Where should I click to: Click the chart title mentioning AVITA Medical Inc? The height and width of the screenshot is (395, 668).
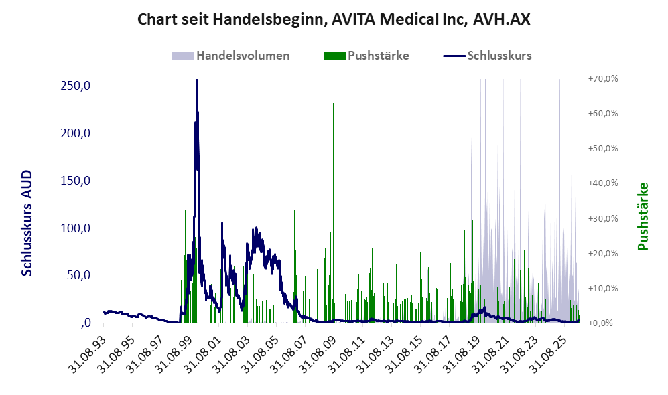coord(334,19)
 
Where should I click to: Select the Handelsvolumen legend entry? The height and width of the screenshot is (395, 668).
coord(231,56)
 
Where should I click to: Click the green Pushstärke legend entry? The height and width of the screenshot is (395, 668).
coord(366,56)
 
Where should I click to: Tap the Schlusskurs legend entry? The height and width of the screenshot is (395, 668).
coord(487,56)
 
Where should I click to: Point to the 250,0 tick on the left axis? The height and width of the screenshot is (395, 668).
coord(76,86)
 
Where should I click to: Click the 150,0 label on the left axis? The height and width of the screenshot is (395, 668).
coord(76,181)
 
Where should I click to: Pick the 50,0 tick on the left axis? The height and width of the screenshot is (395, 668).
coord(78,275)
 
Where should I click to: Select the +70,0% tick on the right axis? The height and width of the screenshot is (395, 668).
coord(603,79)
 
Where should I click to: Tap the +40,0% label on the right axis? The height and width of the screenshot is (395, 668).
coord(603,183)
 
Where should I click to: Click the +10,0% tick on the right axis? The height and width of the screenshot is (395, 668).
coord(603,288)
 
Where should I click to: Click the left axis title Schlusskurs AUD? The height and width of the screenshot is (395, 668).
coord(27,223)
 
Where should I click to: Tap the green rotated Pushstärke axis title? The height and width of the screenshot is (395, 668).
coord(643,216)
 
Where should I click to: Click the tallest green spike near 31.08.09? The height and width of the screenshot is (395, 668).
coord(333,213)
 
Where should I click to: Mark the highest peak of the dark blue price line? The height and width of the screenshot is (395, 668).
coord(196,80)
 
